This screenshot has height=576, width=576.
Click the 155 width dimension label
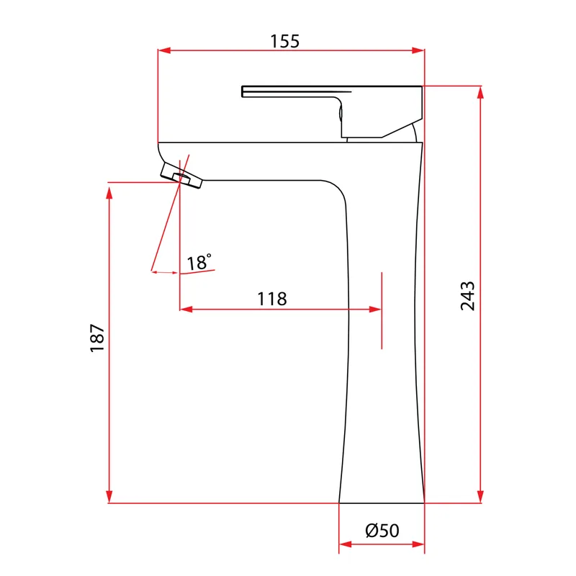pos(284,41)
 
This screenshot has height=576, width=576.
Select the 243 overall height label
pos(467,296)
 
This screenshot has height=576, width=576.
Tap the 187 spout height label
pos(97,338)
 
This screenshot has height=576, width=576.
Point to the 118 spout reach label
pos(272,299)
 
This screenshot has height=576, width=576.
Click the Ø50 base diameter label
pos(382,531)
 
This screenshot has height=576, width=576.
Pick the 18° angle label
pos(199,262)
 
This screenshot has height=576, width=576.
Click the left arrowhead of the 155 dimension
pos(164,50)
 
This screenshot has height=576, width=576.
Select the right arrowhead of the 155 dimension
pos(418,50)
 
